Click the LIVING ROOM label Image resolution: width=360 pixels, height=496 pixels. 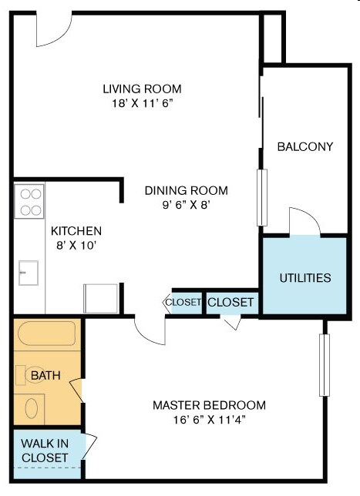coord(143,89)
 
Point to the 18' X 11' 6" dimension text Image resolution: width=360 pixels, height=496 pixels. coord(143,102)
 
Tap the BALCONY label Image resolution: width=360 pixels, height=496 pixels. coord(305,146)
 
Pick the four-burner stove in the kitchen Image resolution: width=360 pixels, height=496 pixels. coord(29,201)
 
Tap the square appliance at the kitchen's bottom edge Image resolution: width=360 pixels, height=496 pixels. coord(101,298)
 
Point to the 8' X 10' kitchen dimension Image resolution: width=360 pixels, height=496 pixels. coord(76,246)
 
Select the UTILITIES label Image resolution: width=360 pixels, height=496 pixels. coord(305,278)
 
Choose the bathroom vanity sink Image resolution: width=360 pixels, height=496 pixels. coord(32,407)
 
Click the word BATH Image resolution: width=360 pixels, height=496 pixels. coord(45,375)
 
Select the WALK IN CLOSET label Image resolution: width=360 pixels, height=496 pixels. coord(44,451)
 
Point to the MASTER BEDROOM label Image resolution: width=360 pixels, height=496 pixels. coord(209,405)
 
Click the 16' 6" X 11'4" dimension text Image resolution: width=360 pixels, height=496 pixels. coord(209,420)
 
